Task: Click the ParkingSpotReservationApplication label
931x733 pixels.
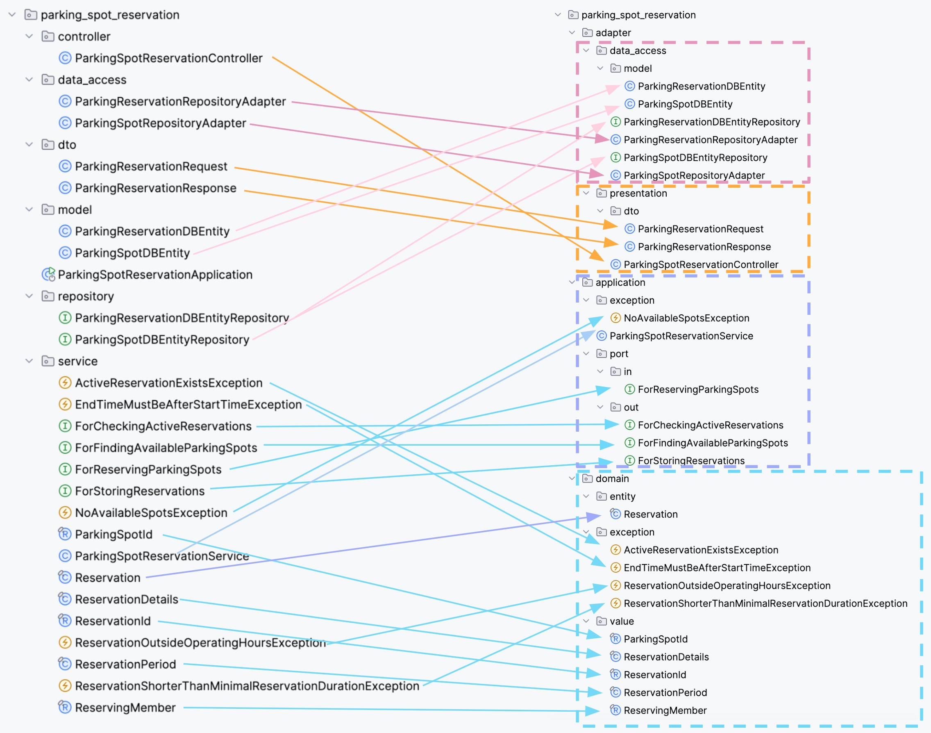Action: [155, 275]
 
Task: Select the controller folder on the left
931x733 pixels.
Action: [84, 36]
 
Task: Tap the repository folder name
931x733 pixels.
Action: [86, 296]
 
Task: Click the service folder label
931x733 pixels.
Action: [78, 361]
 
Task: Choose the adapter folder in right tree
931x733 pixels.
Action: [613, 33]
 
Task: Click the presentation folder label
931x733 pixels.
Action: [638, 193]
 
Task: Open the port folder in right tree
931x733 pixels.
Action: [619, 354]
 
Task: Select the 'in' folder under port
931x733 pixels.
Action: [627, 371]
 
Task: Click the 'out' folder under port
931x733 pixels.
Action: [631, 407]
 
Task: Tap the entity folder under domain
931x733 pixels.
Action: [622, 496]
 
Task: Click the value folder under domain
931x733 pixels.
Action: [621, 621]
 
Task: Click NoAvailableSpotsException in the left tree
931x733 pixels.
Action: [151, 512]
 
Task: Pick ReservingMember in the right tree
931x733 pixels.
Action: [665, 710]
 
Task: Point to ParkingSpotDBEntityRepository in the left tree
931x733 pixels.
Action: [162, 339]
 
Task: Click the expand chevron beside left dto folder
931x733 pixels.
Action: [29, 145]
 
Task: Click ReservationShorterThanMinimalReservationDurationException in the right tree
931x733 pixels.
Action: [765, 603]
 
